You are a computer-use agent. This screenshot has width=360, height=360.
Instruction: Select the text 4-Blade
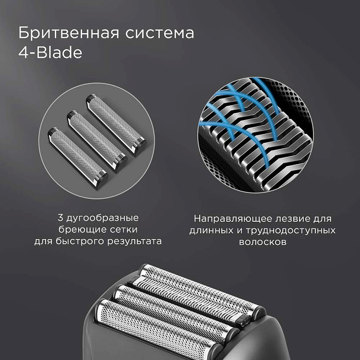point(50,53)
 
